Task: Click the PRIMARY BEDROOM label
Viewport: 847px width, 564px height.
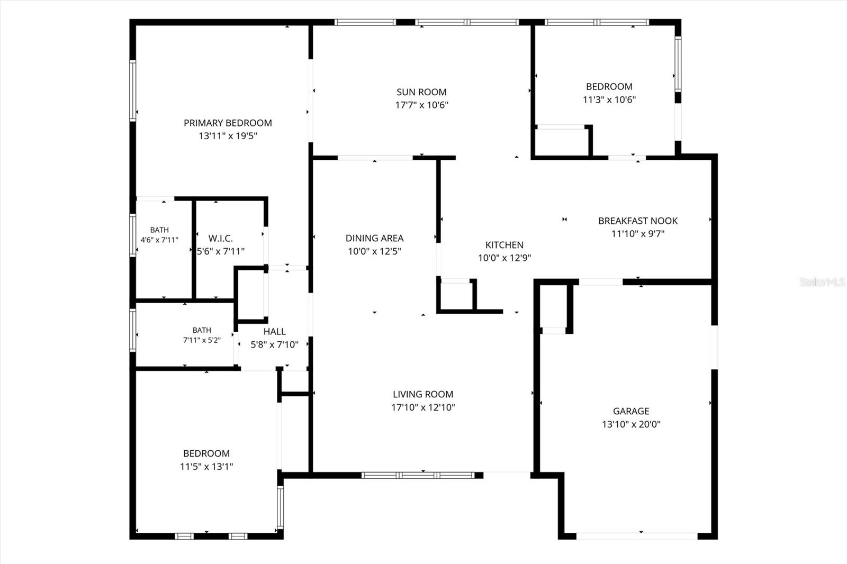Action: [x=228, y=123]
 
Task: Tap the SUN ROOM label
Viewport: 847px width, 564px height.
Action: [x=421, y=92]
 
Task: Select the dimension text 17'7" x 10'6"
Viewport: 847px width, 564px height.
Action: [x=421, y=105]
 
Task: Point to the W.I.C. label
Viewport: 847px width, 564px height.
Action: [x=220, y=239]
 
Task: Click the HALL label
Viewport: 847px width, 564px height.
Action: [x=275, y=332]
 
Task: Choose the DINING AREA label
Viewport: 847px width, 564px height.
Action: [x=374, y=238]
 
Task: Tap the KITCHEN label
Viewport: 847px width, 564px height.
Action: [x=504, y=245]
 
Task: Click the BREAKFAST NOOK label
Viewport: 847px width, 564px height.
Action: [x=638, y=221]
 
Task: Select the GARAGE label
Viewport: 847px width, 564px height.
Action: [x=631, y=411]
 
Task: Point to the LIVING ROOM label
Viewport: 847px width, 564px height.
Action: [x=423, y=394]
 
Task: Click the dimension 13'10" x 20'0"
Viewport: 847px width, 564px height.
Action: [x=631, y=424]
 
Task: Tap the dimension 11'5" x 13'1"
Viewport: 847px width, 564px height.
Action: [x=206, y=467]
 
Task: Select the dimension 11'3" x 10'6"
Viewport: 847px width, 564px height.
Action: [x=609, y=100]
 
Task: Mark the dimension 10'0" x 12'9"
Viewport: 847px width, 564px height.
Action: [x=504, y=258]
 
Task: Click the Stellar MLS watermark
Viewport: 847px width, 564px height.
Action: [x=822, y=281]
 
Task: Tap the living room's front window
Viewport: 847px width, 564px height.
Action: [x=418, y=475]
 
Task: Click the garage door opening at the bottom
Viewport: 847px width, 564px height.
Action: [x=637, y=536]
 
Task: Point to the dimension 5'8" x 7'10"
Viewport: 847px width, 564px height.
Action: [x=275, y=345]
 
